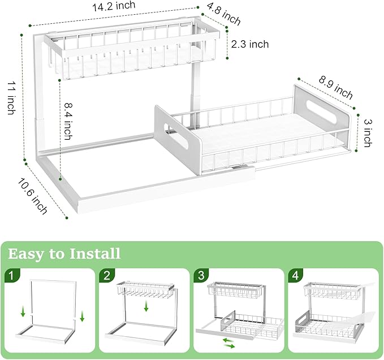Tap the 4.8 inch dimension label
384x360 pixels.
[224, 15]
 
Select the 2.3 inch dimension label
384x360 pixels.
[250, 44]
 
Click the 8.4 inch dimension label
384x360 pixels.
[67, 121]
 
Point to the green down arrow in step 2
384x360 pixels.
[146, 306]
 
